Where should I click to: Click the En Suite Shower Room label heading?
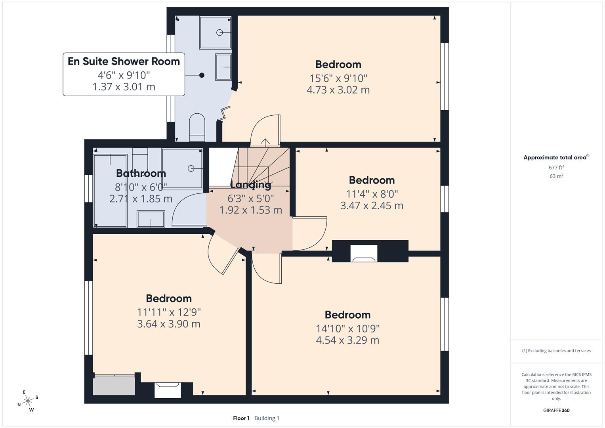pos(124,61)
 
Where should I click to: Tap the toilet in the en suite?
pos(197,127)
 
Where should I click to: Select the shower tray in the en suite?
pos(215,32)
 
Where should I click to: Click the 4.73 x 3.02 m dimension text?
pos(338,90)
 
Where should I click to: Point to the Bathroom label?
pos(141,173)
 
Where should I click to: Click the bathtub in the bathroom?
pos(110,191)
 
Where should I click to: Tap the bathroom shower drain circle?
pos(191,168)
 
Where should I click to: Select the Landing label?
pos(250,185)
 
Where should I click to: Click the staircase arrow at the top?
pos(265,141)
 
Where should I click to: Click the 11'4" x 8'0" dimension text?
pos(372,194)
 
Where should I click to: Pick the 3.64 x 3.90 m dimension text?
pos(168,324)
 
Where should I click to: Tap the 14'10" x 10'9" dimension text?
pos(347,329)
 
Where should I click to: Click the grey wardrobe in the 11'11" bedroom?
pos(114,385)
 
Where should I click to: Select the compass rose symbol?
pos(28,401)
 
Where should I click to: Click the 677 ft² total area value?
pos(556,168)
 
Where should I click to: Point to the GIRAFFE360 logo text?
pos(556,410)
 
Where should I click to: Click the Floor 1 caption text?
pos(241,418)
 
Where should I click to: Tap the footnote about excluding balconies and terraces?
pos(556,351)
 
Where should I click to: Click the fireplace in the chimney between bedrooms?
pos(364,254)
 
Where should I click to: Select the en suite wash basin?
pos(223,67)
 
